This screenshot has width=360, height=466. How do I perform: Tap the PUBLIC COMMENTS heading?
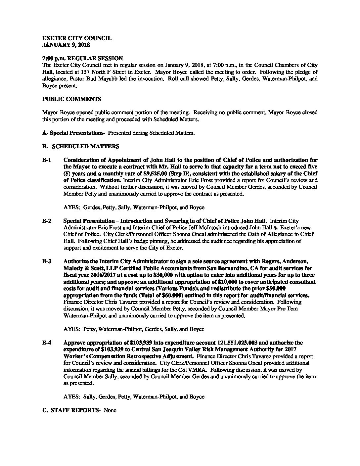72,99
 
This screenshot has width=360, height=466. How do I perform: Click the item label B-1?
47,160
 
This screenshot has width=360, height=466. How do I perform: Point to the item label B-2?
47,221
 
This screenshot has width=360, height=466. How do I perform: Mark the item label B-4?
47,343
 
